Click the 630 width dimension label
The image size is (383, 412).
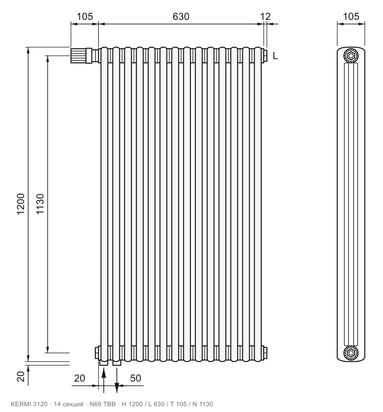click(181, 16)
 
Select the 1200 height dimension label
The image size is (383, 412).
click(21, 204)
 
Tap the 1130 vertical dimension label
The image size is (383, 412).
click(40, 204)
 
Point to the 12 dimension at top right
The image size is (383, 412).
click(265, 16)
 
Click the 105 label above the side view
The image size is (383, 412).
click(351, 16)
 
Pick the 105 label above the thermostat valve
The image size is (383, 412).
click(85, 16)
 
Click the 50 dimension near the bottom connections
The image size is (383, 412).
click(136, 378)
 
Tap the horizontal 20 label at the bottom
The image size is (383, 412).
click(79, 378)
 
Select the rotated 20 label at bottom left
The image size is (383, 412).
click(21, 376)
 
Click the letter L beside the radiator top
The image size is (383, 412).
click(275, 56)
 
